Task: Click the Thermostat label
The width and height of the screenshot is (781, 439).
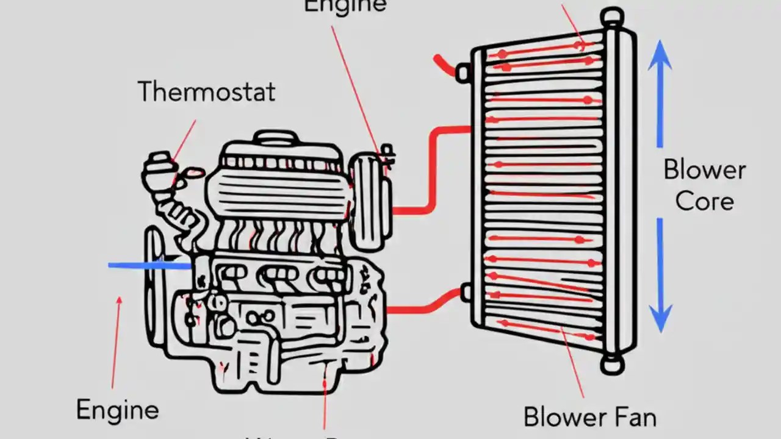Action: point(206,91)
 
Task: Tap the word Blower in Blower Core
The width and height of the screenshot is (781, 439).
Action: point(704,170)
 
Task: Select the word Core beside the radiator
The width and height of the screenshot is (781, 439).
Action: point(705,201)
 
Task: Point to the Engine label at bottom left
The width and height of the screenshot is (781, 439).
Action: point(117,410)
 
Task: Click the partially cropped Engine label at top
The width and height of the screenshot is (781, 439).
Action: point(345,6)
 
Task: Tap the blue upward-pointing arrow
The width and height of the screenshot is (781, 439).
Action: point(660,91)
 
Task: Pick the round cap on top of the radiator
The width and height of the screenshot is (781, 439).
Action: point(612,16)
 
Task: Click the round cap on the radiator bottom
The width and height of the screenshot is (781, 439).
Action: point(611,364)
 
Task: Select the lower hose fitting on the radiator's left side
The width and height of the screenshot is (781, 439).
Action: point(466,292)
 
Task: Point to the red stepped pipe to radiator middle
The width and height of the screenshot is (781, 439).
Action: point(432,171)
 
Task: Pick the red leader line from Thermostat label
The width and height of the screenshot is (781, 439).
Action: point(184,140)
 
